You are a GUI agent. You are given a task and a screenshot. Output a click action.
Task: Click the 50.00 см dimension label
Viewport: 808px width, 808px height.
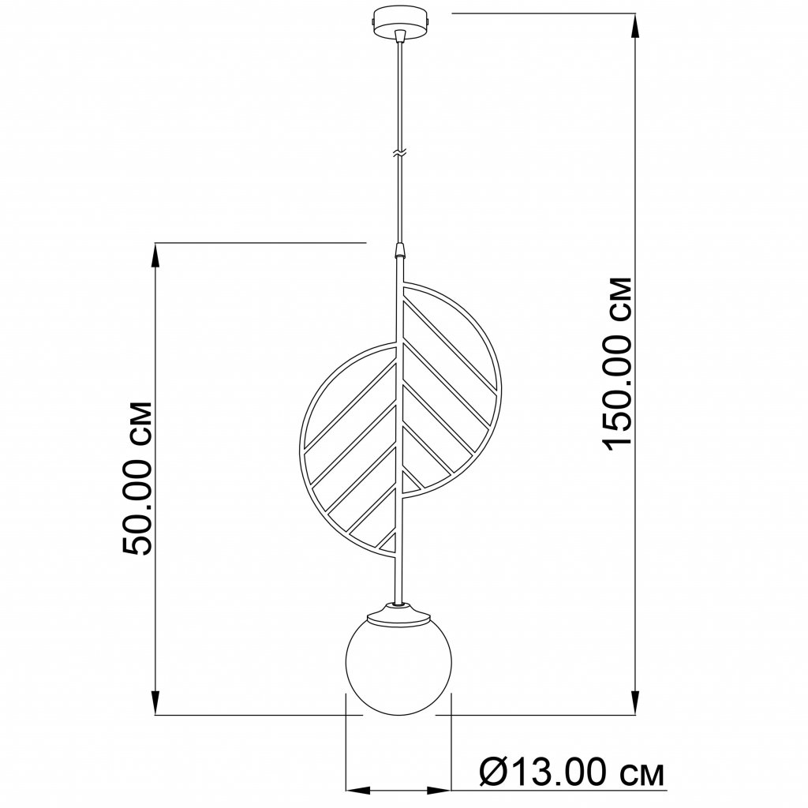click(137, 477)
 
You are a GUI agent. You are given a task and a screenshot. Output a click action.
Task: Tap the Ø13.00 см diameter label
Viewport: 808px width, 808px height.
click(571, 772)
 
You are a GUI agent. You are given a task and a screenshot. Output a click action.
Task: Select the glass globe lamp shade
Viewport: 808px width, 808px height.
click(398, 666)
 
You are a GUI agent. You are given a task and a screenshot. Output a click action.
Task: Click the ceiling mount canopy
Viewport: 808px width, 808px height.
click(400, 21)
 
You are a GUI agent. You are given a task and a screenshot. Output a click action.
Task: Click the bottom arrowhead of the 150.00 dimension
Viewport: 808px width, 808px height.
click(635, 702)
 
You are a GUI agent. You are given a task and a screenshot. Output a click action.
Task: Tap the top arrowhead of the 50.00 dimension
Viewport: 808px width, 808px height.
click(155, 255)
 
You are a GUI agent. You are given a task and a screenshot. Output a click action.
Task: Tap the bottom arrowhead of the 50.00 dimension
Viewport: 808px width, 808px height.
click(155, 702)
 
